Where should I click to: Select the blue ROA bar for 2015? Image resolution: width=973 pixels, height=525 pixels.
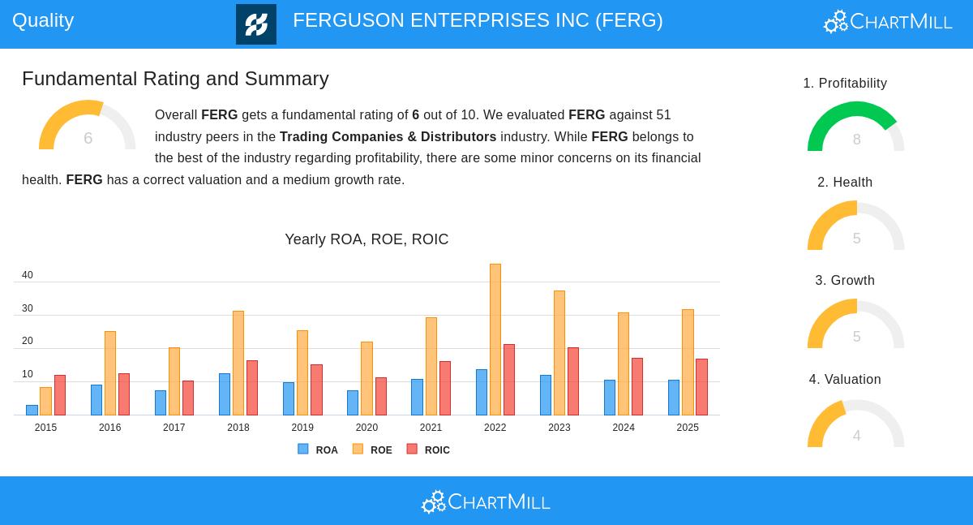pyautogui.click(x=32, y=410)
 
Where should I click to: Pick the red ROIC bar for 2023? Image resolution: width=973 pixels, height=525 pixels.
pyautogui.click(x=573, y=381)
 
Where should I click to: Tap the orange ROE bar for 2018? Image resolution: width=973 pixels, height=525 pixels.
pyautogui.click(x=238, y=363)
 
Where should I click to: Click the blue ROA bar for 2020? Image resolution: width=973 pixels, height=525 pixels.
pyautogui.click(x=353, y=402)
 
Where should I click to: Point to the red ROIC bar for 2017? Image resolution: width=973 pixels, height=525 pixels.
pyautogui.click(x=188, y=398)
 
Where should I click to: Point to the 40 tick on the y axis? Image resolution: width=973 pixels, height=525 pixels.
pyautogui.click(x=28, y=276)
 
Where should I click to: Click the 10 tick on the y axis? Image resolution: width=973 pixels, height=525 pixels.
pyautogui.click(x=28, y=375)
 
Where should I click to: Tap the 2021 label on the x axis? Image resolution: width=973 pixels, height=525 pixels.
pyautogui.click(x=431, y=428)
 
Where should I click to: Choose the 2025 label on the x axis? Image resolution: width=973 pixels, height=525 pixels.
pyautogui.click(x=688, y=428)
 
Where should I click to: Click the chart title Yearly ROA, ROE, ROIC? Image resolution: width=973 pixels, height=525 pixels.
pyautogui.click(x=366, y=239)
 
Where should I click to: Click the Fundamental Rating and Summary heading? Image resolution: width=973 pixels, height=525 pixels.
pyautogui.click(x=175, y=79)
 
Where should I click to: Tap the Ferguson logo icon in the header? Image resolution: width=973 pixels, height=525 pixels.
pyautogui.click(x=256, y=24)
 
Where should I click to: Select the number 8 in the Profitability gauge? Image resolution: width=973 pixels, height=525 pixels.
pyautogui.click(x=856, y=140)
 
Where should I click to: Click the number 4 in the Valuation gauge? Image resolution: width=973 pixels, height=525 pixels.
pyautogui.click(x=856, y=436)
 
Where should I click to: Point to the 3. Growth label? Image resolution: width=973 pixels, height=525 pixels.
pyautogui.click(x=845, y=281)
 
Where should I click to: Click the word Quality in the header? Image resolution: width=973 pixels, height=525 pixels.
pyautogui.click(x=43, y=20)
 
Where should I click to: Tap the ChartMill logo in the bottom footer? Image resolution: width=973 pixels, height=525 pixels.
pyautogui.click(x=486, y=502)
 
